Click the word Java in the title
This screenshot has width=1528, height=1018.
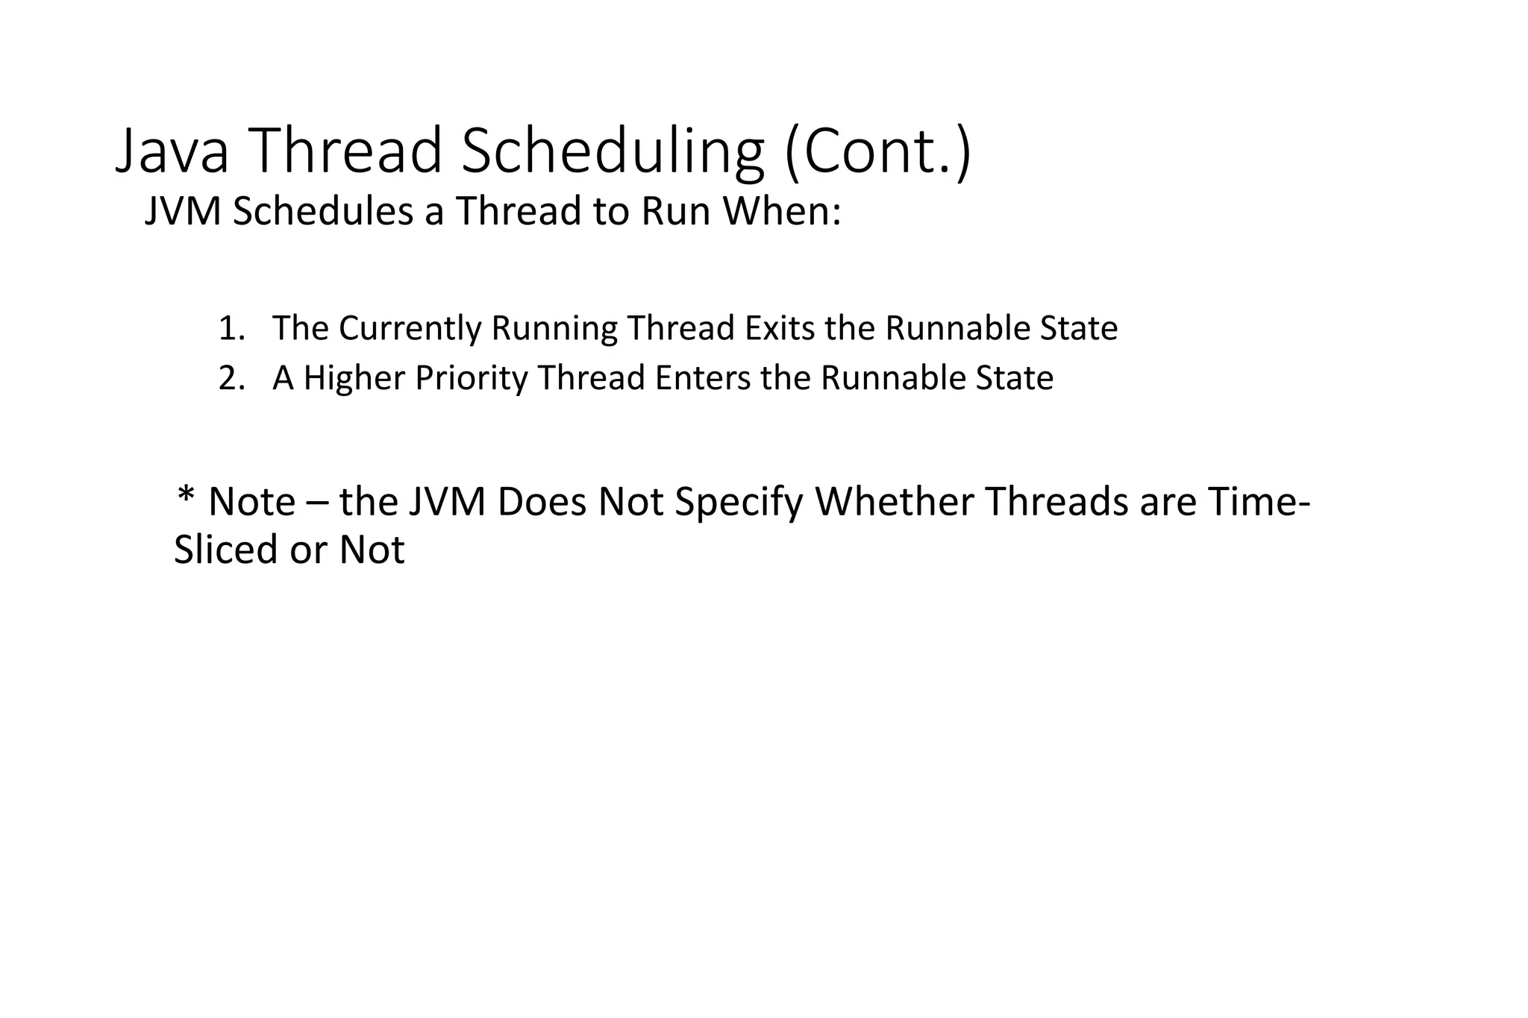[x=172, y=151]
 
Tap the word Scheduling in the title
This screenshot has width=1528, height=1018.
[x=613, y=151]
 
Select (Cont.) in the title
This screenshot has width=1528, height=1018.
[x=877, y=151]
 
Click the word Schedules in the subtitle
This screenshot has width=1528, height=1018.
[x=322, y=211]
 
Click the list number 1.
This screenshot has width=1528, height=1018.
[x=231, y=328]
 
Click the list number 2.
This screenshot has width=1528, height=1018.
[x=231, y=378]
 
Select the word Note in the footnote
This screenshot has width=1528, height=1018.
[x=251, y=502]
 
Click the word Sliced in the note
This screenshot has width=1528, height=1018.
[x=226, y=550]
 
